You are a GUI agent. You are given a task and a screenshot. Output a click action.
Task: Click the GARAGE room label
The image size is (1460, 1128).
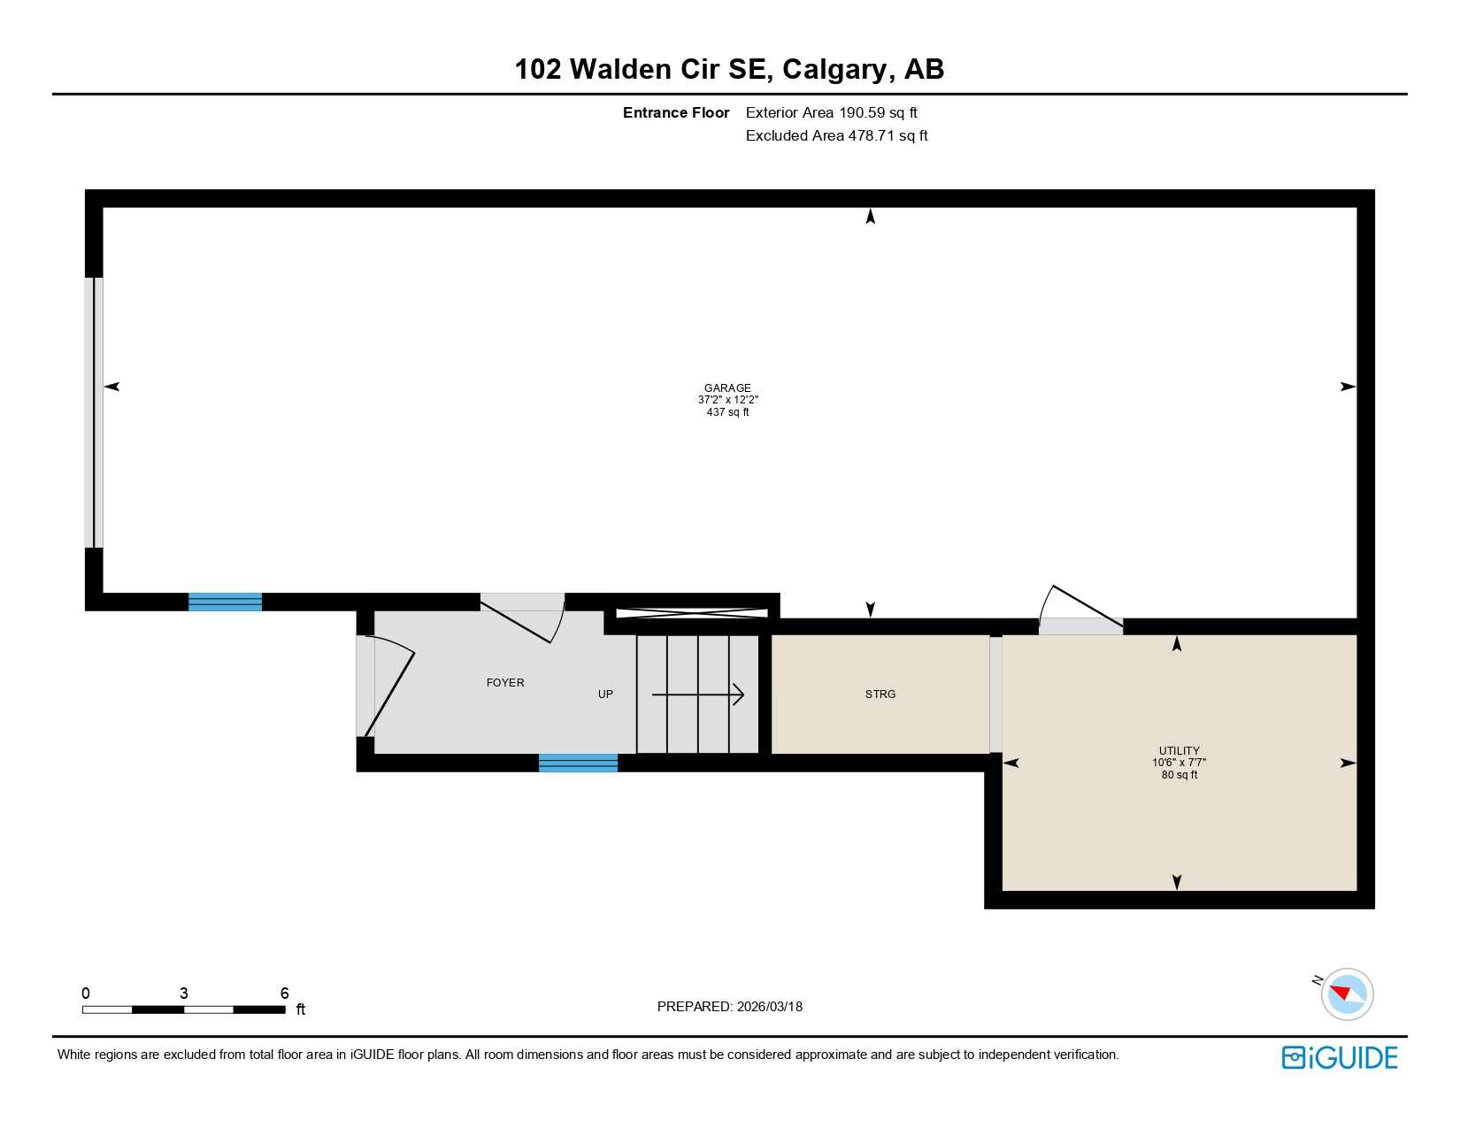(x=727, y=388)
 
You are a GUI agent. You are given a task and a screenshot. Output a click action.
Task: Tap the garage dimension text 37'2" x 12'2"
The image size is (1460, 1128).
(x=727, y=400)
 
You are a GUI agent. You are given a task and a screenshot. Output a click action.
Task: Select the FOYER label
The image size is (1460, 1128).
(x=505, y=683)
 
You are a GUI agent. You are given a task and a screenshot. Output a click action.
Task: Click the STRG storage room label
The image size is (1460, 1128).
(x=880, y=694)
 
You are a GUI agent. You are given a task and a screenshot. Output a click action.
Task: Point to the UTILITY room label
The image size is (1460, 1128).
(x=1180, y=750)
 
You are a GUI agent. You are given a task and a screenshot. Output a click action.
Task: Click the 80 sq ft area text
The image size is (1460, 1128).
(x=1180, y=775)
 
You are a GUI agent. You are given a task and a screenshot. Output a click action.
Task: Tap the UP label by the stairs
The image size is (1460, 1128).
(x=605, y=694)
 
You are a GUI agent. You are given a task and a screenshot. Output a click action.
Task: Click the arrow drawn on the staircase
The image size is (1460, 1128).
(x=698, y=695)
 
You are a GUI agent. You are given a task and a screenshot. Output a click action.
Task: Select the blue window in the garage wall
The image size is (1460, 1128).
(x=225, y=602)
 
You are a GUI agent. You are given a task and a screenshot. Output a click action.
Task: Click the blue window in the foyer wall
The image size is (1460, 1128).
(x=578, y=764)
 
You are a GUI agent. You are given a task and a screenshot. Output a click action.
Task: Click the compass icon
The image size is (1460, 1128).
(x=1347, y=994)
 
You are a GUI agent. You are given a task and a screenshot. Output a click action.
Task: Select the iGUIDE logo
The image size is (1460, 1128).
(x=1340, y=1058)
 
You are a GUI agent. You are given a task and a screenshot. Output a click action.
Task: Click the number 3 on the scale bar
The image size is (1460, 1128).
(x=184, y=994)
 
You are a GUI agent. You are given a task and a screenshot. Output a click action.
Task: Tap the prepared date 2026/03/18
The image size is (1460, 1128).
(x=769, y=1007)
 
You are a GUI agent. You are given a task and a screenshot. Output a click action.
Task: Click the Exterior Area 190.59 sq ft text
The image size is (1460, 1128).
(x=831, y=113)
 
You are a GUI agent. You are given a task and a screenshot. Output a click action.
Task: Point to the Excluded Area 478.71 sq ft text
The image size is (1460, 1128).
(x=836, y=136)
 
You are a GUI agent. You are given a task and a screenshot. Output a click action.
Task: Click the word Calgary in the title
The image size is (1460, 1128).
(x=834, y=70)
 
